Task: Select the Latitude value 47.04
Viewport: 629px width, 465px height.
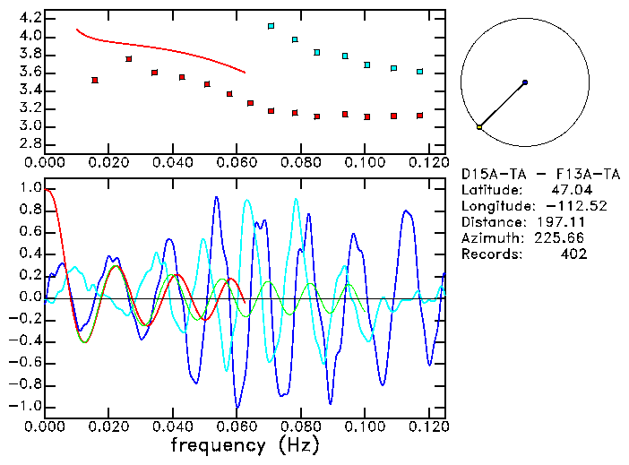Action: (x=568, y=189)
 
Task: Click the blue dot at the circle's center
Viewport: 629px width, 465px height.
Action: (x=524, y=82)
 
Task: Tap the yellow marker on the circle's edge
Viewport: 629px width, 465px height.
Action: (x=479, y=127)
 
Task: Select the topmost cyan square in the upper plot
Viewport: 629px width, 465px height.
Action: (x=271, y=26)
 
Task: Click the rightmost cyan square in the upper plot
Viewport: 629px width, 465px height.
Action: (x=419, y=71)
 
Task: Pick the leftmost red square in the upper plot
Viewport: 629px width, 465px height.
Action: (x=94, y=80)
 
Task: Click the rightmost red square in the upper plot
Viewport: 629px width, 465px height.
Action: (x=419, y=116)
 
